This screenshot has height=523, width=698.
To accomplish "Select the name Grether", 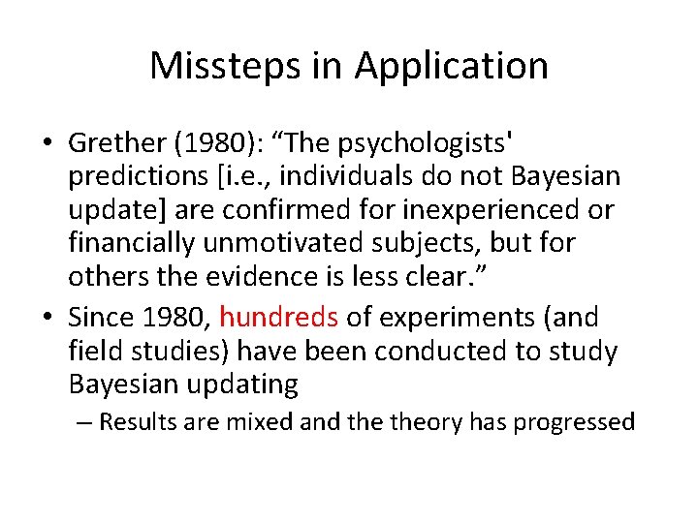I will [x=111, y=143].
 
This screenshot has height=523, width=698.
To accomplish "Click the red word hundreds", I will [x=278, y=318].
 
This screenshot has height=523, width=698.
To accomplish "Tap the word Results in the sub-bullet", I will [x=135, y=422].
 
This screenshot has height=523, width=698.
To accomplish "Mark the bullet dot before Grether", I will [x=47, y=144].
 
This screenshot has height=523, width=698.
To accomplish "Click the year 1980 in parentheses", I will [x=198, y=143].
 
